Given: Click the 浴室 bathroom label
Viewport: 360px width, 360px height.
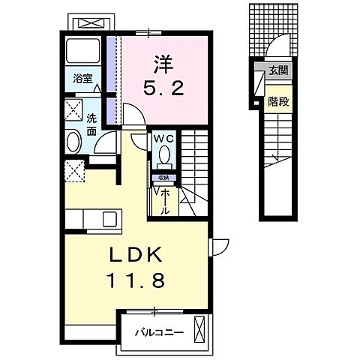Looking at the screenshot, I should click(82, 78).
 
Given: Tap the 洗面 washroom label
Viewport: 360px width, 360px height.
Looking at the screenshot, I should click(91, 123).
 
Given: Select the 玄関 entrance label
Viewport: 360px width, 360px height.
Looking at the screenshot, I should click(280, 71).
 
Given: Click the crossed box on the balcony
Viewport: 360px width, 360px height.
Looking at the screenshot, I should click(200, 328).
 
